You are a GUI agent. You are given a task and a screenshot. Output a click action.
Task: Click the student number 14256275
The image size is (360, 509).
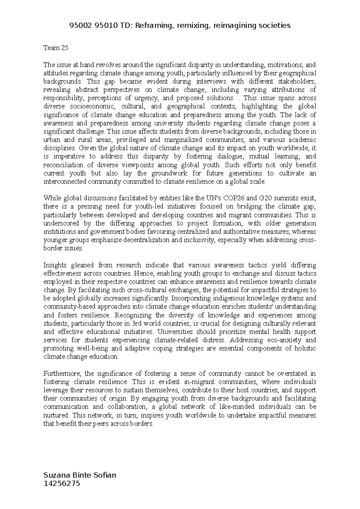[x=62, y=483]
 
